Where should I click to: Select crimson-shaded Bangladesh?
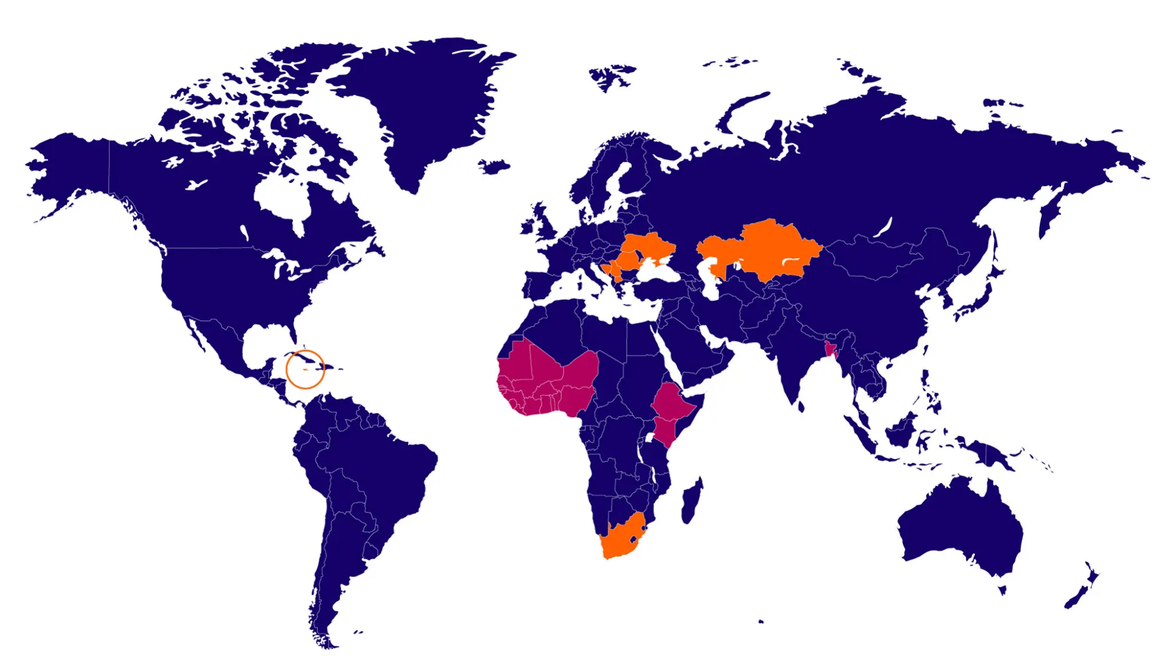tap(829, 348)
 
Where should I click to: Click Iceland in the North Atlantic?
tap(494, 167)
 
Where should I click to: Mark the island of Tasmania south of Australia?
tap(1003, 589)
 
